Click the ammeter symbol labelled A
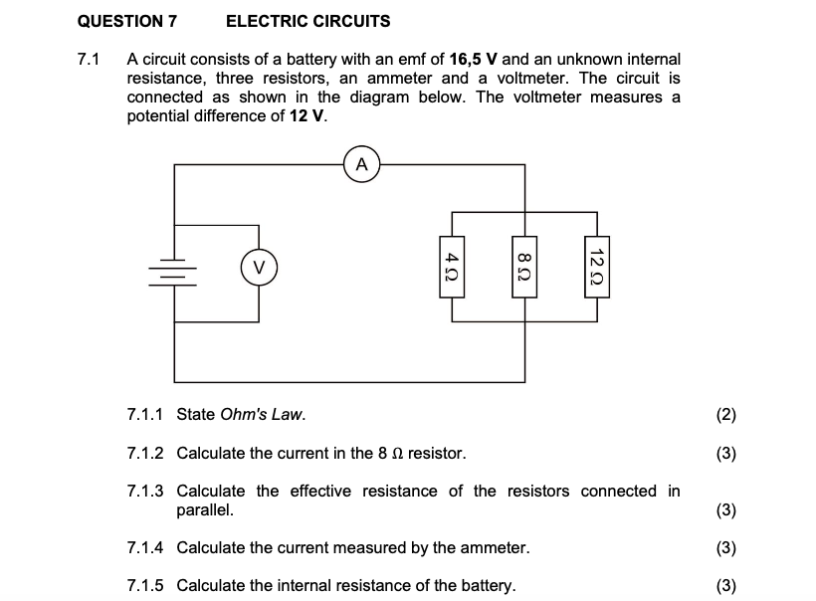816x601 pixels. point(362,164)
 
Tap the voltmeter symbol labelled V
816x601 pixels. point(259,267)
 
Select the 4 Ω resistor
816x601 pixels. point(453,267)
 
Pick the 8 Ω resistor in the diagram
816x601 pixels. point(524,267)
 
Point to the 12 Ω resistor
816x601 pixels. point(597,267)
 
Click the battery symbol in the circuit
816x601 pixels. point(175,267)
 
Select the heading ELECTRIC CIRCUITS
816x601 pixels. point(307,21)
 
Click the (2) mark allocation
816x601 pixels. point(725,415)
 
